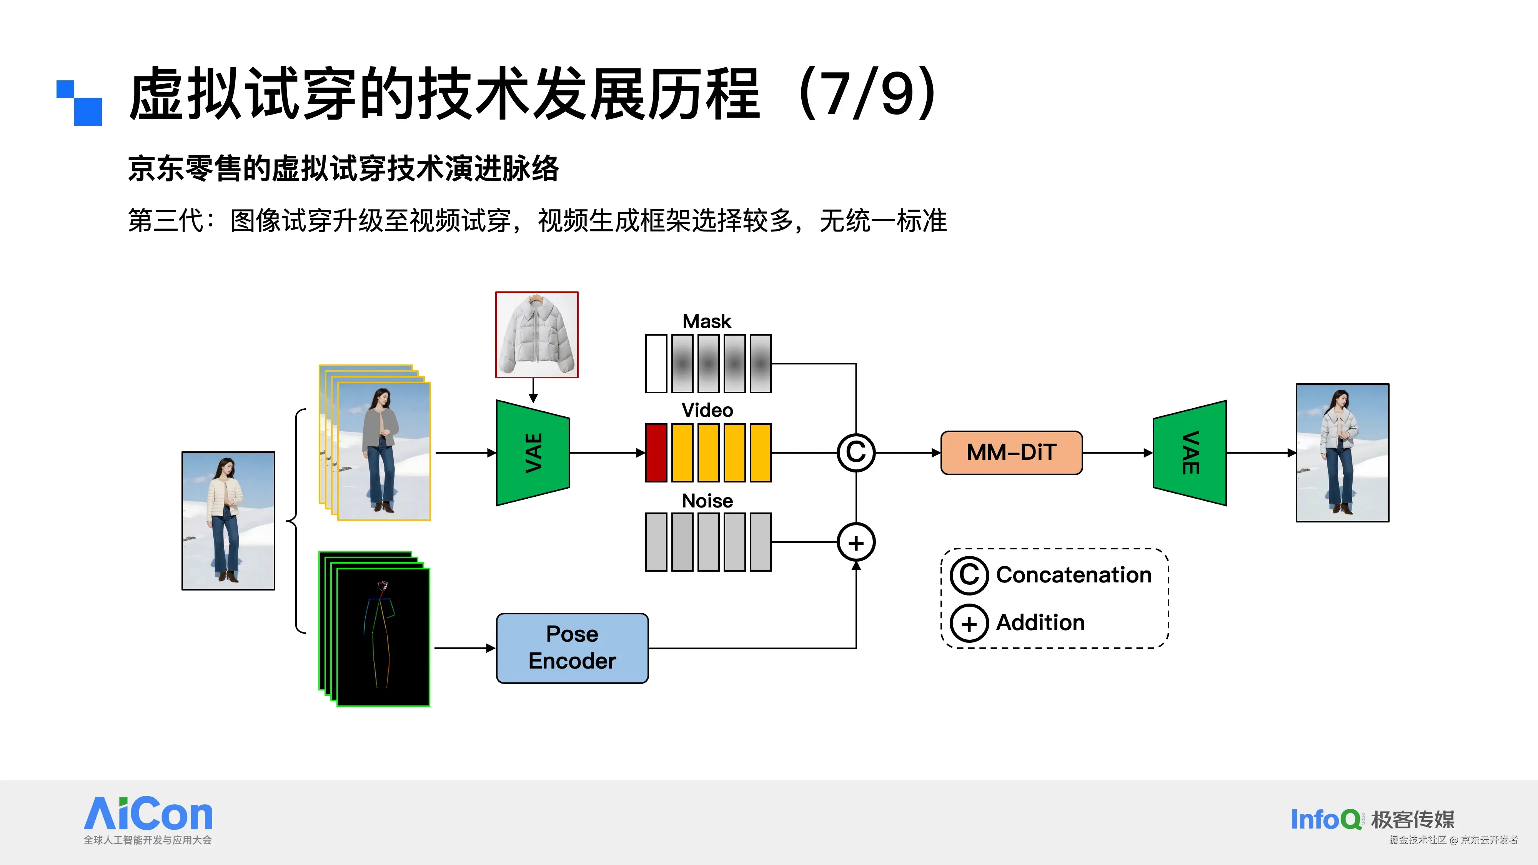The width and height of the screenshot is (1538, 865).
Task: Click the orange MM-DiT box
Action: click(1011, 452)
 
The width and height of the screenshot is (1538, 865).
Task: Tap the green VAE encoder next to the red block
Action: click(533, 452)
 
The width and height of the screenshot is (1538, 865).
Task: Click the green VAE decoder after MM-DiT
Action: click(1189, 452)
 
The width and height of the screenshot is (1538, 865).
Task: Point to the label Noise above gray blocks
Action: click(707, 500)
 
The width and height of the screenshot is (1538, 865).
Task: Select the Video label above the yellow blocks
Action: click(707, 410)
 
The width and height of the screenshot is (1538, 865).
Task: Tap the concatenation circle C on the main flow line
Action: click(856, 452)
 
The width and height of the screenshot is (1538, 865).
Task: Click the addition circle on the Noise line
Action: click(856, 542)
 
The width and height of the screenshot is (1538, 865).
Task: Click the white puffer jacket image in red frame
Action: click(536, 334)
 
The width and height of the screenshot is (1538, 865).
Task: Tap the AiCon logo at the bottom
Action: click(148, 815)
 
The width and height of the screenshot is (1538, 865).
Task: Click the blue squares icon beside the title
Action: click(80, 103)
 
